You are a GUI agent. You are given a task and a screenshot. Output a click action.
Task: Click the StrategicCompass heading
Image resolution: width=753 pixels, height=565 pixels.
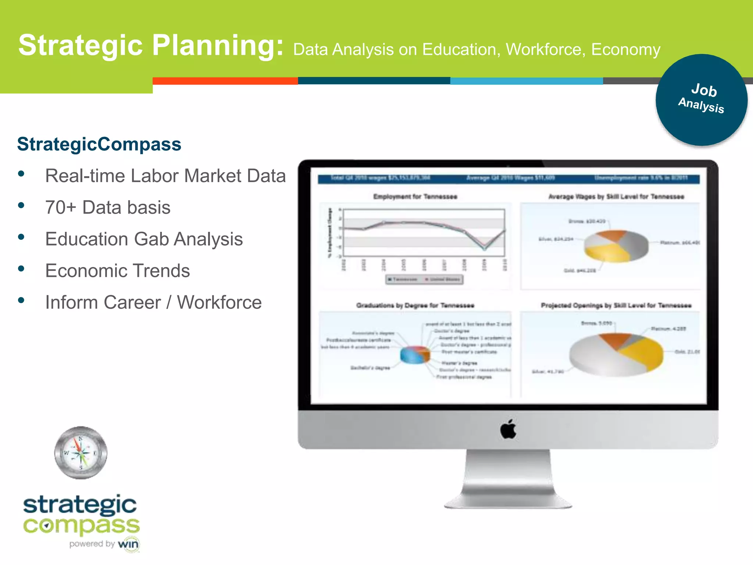(x=99, y=144)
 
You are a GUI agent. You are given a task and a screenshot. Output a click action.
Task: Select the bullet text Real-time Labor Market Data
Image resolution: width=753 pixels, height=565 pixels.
(x=165, y=176)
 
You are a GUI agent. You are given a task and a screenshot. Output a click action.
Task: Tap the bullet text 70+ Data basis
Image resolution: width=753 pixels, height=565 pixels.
(x=108, y=207)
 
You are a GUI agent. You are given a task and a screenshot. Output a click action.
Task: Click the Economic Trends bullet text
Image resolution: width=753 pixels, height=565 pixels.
(x=117, y=271)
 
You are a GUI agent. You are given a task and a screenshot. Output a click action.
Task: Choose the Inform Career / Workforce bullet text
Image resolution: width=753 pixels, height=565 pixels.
(x=153, y=302)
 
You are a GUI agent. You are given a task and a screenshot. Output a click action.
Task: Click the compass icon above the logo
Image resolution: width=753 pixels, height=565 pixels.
(x=81, y=452)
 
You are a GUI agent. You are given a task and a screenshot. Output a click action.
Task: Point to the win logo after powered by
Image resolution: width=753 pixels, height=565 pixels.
(x=128, y=544)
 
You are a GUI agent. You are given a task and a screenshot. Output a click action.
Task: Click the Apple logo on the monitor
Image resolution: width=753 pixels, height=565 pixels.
(x=508, y=429)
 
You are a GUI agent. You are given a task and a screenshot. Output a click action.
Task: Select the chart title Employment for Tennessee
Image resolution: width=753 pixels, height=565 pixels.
(x=415, y=196)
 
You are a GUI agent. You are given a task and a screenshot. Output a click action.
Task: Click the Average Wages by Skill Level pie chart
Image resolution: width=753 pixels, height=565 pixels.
(x=616, y=246)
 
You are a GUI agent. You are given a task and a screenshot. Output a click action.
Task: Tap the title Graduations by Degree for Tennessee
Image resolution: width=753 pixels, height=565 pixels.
(x=415, y=305)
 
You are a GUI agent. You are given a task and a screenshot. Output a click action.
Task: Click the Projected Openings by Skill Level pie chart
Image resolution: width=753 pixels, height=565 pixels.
(x=616, y=354)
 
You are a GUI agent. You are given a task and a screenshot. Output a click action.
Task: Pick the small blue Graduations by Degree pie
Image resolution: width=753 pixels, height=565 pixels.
(x=414, y=355)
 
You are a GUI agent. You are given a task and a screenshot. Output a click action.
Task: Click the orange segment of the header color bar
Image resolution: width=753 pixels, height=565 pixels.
(x=225, y=81)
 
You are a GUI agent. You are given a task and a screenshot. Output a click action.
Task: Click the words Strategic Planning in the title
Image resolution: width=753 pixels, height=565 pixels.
(x=151, y=45)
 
